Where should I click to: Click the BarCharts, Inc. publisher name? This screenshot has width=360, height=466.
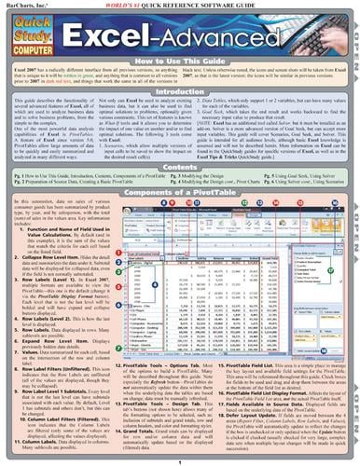[x=25, y=5]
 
